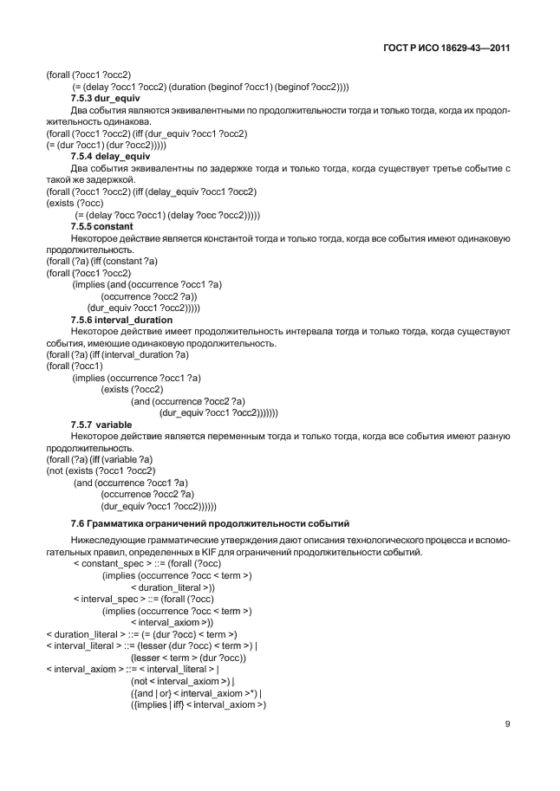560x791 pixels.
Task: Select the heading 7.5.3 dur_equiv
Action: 99,100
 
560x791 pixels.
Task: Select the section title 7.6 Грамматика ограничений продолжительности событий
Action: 209,523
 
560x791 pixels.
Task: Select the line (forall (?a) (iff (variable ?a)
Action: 99,458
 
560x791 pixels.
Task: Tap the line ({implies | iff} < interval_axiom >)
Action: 198,705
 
